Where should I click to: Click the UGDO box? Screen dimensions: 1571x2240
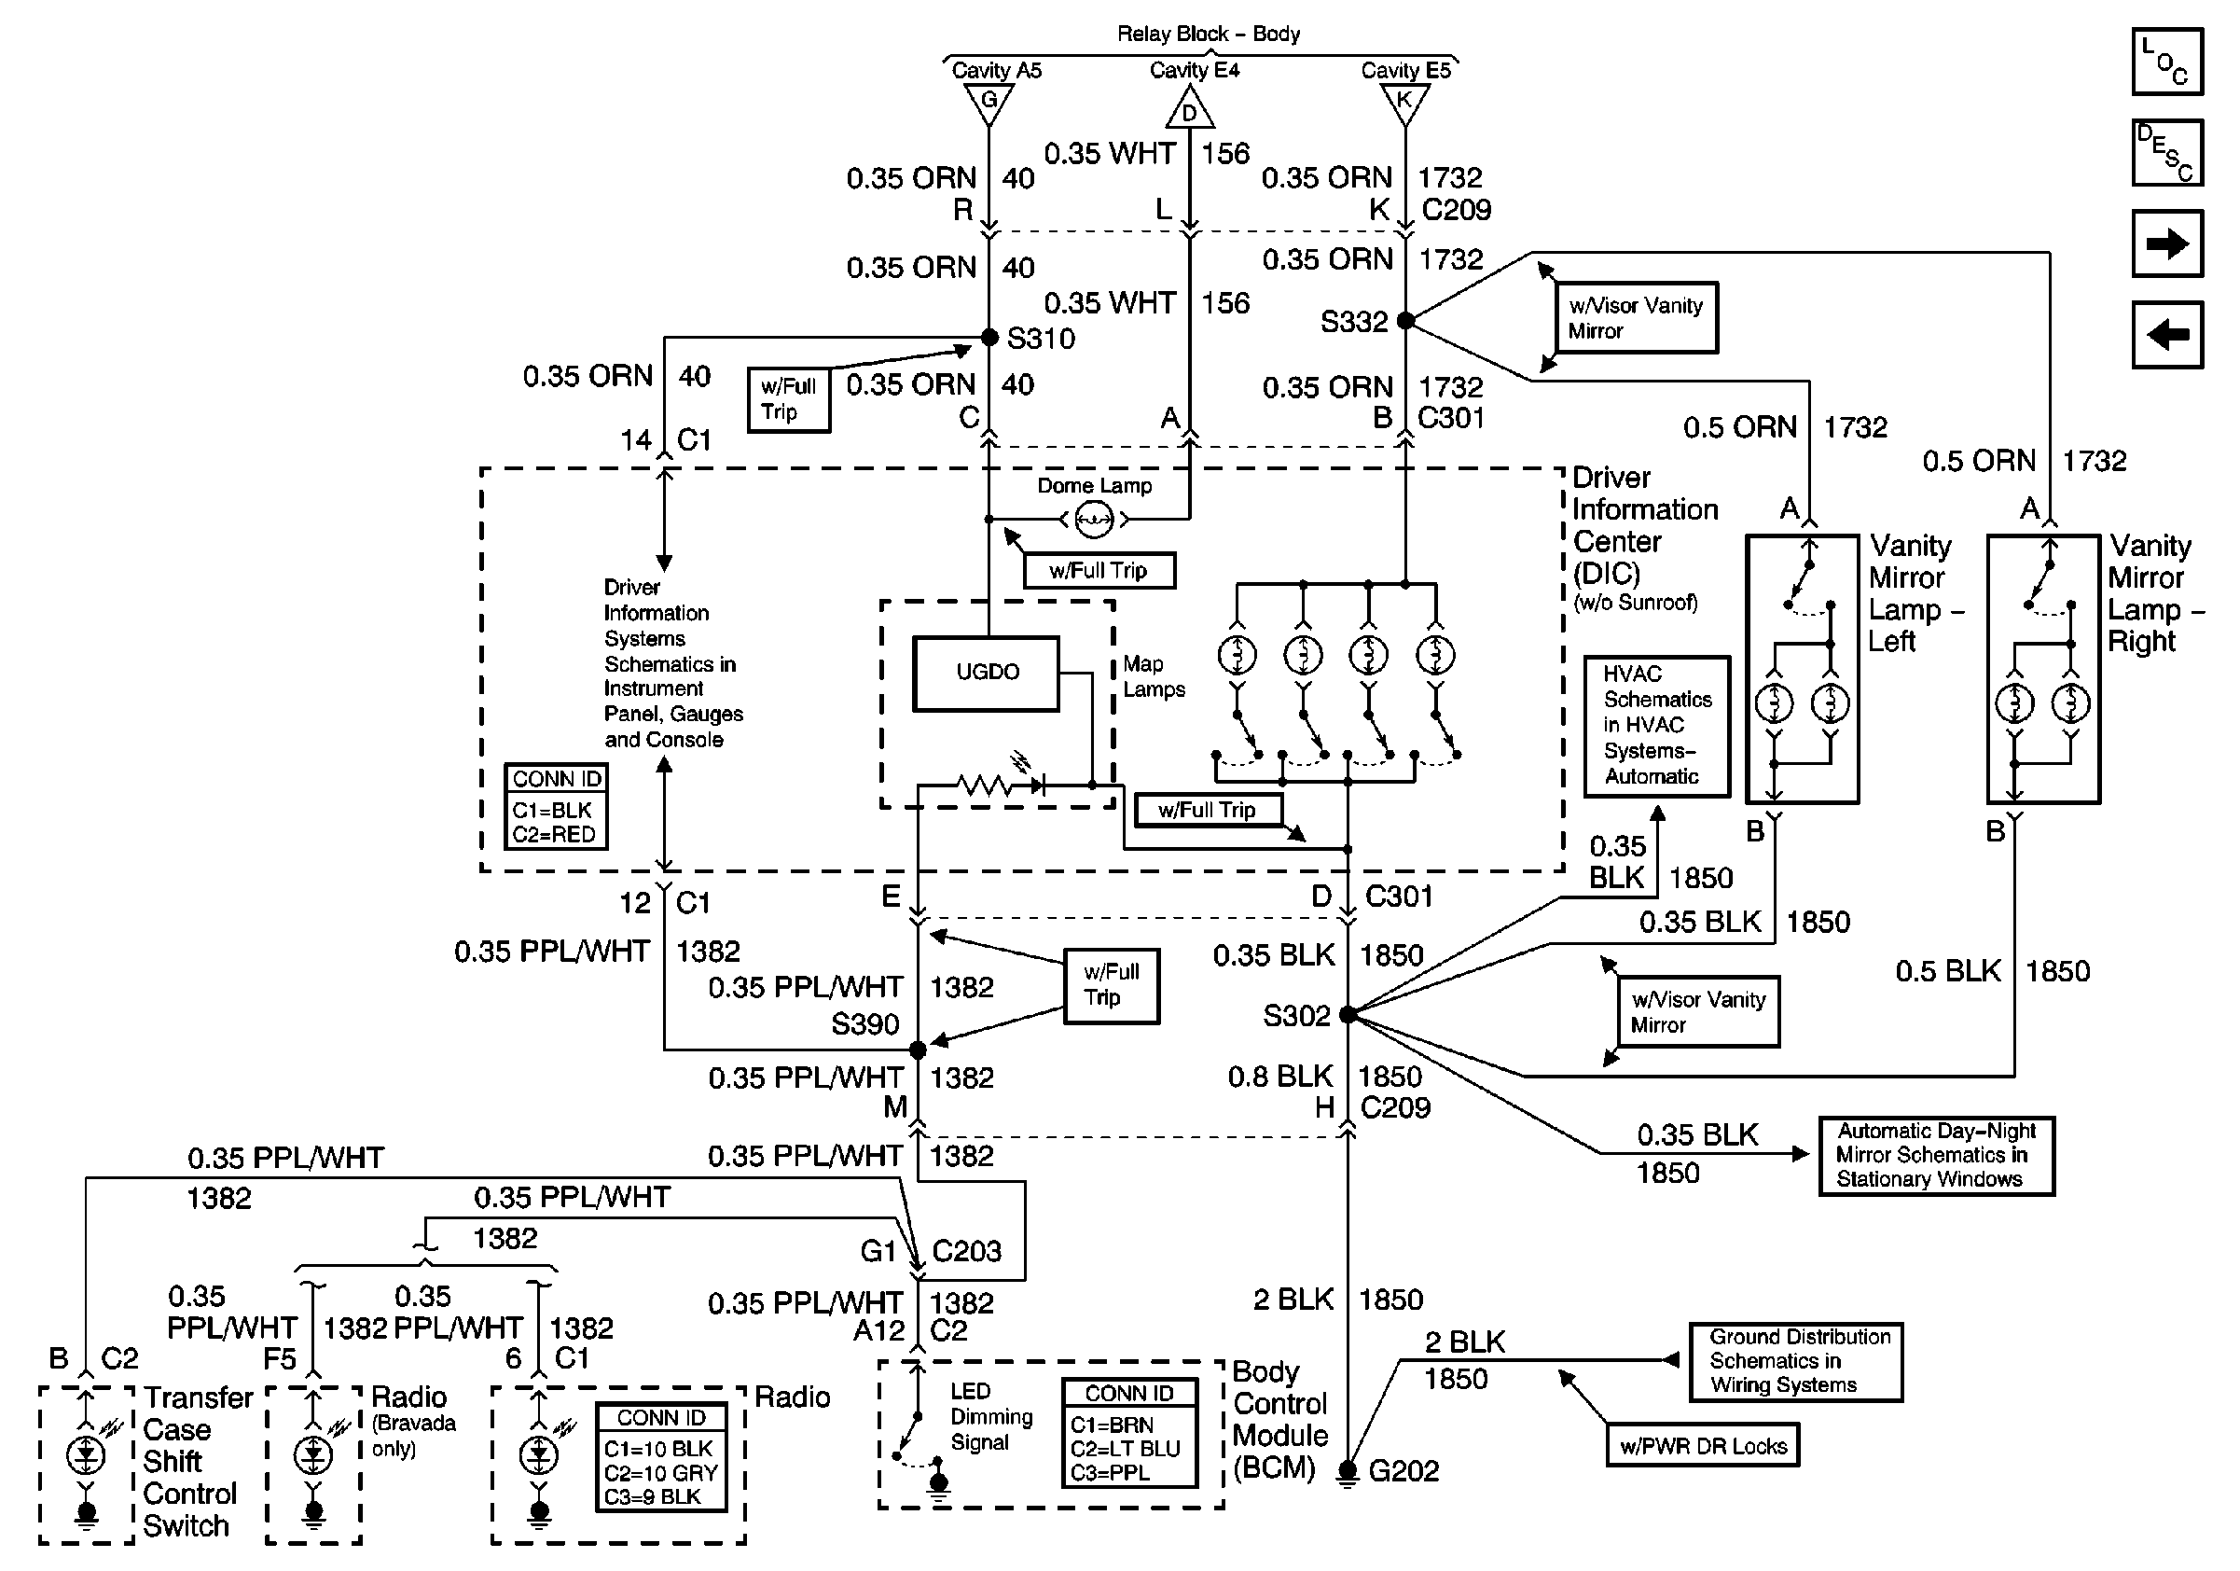[x=987, y=674]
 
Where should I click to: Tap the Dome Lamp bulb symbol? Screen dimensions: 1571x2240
[x=1094, y=519]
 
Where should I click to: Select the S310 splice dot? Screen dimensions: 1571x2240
[x=989, y=338]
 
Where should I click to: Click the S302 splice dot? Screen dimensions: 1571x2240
[x=1348, y=1015]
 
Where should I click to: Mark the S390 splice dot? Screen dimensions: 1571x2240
[x=917, y=1050]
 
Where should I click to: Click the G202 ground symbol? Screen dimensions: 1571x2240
[x=1348, y=1470]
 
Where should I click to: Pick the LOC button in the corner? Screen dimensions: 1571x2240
[x=2167, y=62]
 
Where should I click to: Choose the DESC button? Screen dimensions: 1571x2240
[x=2167, y=152]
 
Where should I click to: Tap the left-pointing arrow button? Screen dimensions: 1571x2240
[x=2167, y=335]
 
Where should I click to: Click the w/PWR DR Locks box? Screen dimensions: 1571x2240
[x=1703, y=1445]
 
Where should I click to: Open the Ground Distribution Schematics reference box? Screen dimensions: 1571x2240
[x=1795, y=1361]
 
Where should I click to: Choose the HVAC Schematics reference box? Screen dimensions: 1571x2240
[x=1656, y=726]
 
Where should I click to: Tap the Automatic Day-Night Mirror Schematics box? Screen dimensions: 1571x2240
[x=1936, y=1155]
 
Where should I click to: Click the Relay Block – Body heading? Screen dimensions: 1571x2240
[x=1208, y=35]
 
